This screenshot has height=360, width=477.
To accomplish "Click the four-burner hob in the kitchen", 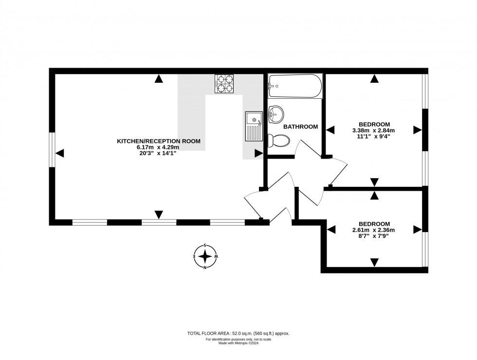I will tap(224, 83).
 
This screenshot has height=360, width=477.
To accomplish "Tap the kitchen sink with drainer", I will tap(254, 126).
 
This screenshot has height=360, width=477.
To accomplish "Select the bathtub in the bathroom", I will tap(294, 86).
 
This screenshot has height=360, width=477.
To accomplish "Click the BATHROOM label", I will tap(300, 126).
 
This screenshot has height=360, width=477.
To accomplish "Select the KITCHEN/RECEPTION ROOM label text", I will tap(158, 141).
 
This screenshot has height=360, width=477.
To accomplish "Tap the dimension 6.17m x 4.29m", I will tap(158, 147).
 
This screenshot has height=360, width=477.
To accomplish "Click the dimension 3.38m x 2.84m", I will tap(374, 130).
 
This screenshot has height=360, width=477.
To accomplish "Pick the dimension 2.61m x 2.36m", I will tap(374, 230).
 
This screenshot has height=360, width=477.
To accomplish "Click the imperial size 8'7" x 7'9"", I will tap(374, 236).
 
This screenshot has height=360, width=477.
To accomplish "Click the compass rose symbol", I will tap(205, 256).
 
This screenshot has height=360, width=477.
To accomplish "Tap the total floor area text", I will tap(238, 333).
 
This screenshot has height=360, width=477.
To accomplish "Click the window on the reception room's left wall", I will tap(52, 150).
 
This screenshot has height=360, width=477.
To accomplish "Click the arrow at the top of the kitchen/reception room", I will tap(159, 79).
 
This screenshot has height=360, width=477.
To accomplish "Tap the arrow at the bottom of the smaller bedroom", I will tap(374, 262).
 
